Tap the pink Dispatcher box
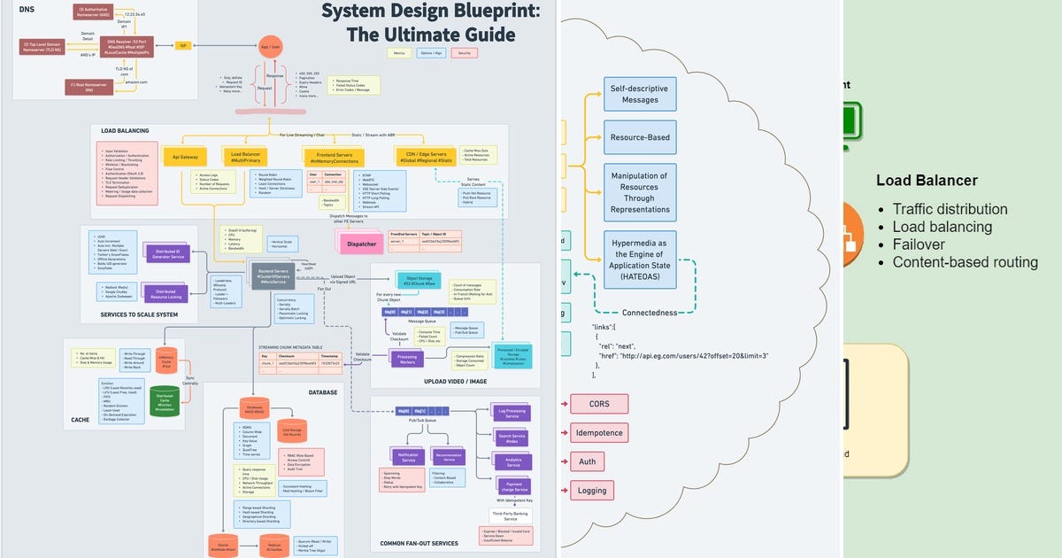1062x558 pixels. pos(362,242)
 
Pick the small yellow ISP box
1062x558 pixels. pos(183,45)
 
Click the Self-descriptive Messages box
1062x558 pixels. pos(640,94)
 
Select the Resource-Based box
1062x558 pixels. pos(640,137)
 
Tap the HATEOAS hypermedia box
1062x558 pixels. pos(640,260)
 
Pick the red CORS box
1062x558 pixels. pos(599,404)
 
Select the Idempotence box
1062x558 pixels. pos(599,433)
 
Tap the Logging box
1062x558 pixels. pos(592,490)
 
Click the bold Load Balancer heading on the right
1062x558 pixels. pos(927,181)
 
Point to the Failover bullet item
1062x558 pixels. pos(919,244)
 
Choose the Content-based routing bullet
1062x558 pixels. pos(965,262)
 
